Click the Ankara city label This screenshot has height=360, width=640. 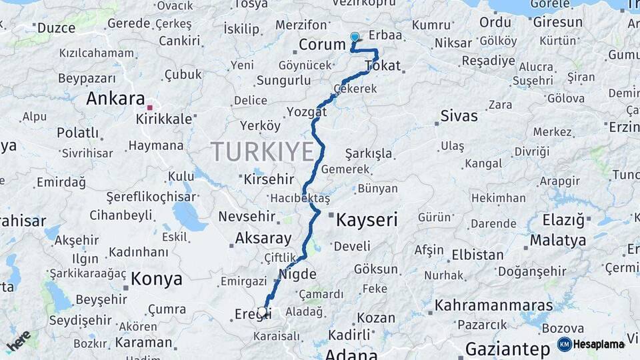[x=115, y=99]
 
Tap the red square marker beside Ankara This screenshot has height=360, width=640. [x=150, y=107]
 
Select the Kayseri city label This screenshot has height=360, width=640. [x=367, y=219]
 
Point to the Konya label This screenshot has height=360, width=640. [x=157, y=279]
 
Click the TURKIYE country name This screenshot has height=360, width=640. [x=262, y=152]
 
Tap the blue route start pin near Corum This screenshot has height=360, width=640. [x=354, y=38]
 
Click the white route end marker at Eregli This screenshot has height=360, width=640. [x=262, y=311]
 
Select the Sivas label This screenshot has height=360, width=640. [x=459, y=116]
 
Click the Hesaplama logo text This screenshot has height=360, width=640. [x=599, y=345]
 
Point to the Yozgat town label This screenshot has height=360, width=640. [x=307, y=111]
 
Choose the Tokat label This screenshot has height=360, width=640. [x=383, y=65]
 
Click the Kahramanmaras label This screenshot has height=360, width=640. [x=493, y=305]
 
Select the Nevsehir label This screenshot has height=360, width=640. [x=247, y=217]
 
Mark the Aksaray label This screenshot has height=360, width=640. [x=263, y=238]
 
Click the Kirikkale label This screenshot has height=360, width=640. [x=164, y=119]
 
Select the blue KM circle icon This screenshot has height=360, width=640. [x=565, y=345]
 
